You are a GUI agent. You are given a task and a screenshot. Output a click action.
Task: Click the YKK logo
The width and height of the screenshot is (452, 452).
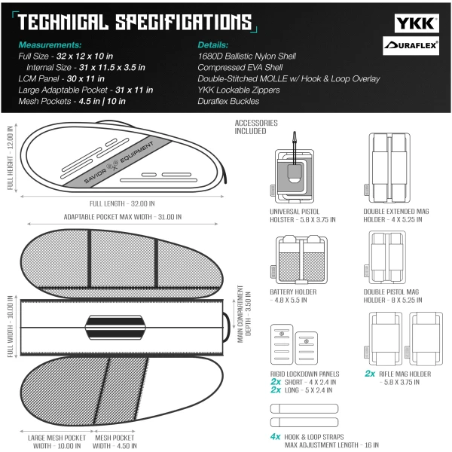(417, 23)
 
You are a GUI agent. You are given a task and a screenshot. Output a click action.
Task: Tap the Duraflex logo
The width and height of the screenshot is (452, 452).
(411, 45)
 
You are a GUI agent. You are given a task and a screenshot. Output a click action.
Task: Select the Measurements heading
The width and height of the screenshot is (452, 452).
(50, 45)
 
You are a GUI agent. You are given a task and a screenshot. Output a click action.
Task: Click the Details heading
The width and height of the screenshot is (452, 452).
(212, 45)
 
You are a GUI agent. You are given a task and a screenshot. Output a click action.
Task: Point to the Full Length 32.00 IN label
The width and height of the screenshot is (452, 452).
(122, 204)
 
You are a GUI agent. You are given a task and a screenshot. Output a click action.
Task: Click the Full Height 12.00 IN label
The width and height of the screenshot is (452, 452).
(11, 157)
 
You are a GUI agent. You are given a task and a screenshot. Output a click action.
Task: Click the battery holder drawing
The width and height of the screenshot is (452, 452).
(299, 259)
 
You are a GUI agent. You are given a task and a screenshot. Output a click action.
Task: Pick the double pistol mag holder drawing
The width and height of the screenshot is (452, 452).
(385, 257)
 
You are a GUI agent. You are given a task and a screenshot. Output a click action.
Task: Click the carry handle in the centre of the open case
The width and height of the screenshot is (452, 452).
(115, 327)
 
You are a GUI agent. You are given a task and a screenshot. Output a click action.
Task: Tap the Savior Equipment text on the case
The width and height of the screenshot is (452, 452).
(119, 162)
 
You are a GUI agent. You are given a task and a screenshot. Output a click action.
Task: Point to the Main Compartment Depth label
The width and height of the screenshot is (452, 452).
(244, 314)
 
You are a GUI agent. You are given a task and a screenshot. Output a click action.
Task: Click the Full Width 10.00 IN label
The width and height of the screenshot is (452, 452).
(11, 327)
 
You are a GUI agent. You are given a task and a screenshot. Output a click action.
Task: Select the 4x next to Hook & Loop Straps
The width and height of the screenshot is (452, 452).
(275, 436)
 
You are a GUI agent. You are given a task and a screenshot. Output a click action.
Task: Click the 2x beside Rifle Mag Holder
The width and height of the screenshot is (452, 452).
(370, 374)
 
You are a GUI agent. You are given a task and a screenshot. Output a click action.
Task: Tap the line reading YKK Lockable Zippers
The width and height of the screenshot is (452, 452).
(239, 90)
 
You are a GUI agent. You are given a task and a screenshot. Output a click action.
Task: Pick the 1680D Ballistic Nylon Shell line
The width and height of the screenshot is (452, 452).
(247, 56)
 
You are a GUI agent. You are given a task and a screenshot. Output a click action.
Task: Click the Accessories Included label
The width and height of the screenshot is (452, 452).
(256, 127)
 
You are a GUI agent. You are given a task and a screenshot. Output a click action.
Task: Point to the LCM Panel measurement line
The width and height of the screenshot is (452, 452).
(62, 78)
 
